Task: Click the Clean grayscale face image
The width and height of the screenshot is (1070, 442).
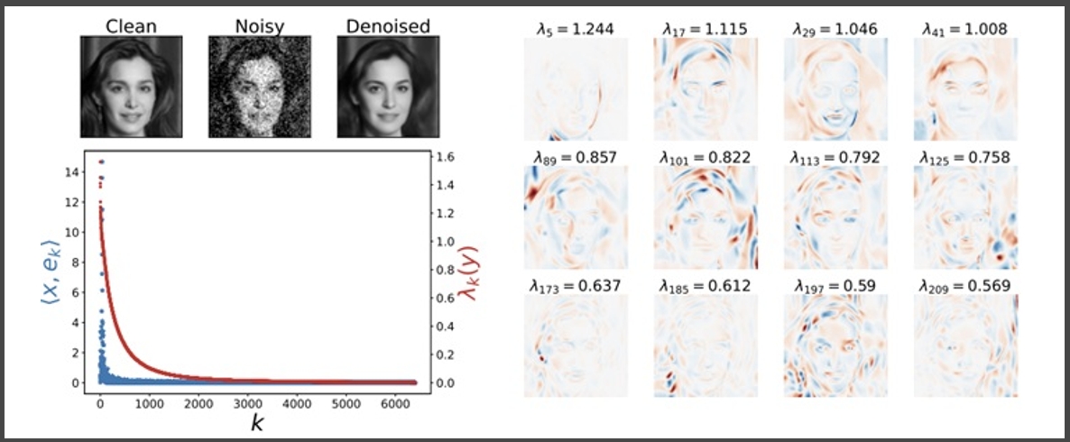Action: (x=131, y=87)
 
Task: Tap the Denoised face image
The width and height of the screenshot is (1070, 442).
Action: (x=388, y=87)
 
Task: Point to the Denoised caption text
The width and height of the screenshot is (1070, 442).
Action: (x=388, y=26)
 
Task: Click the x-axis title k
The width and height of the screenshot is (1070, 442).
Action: (x=257, y=424)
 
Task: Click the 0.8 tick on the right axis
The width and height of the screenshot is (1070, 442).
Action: (x=445, y=270)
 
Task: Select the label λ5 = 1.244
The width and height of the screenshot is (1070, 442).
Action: (x=576, y=29)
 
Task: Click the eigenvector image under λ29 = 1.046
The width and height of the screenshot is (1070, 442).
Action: (x=835, y=88)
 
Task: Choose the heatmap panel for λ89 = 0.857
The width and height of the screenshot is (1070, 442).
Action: (x=576, y=216)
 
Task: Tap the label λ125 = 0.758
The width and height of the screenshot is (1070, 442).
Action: (x=965, y=158)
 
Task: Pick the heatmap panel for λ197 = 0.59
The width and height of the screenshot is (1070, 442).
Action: (x=835, y=345)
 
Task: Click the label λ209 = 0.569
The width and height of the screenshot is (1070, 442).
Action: (x=965, y=286)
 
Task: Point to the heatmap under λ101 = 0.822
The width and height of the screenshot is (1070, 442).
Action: (x=705, y=216)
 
